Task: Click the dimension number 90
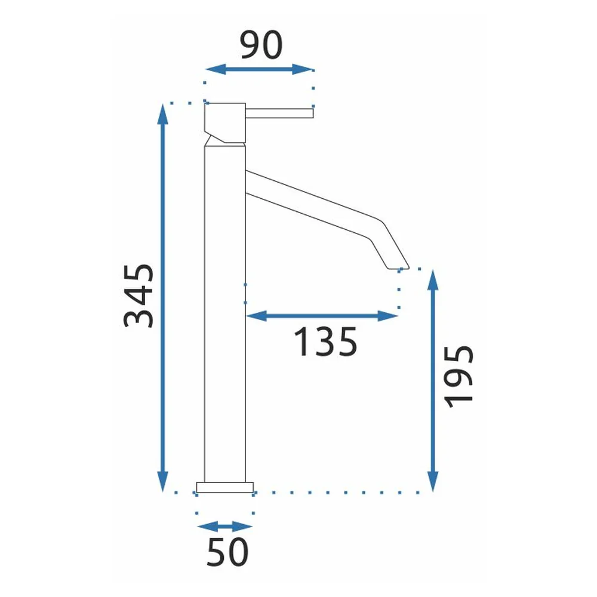click(x=261, y=45)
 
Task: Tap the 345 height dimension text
click(x=139, y=296)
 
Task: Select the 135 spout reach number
click(x=325, y=342)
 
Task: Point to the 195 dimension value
click(x=458, y=377)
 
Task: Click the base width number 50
click(x=227, y=552)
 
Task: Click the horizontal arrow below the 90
click(x=259, y=69)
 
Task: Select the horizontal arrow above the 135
click(x=322, y=316)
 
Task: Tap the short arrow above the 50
click(x=224, y=527)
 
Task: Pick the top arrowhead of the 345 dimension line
click(x=162, y=114)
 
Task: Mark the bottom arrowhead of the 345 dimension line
click(x=162, y=481)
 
